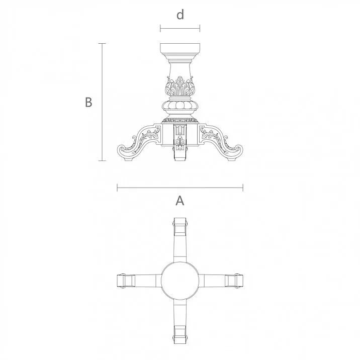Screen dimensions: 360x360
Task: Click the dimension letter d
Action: click(x=180, y=15)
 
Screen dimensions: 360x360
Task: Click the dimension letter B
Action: click(x=88, y=102)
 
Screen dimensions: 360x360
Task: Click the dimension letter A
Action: click(x=179, y=201)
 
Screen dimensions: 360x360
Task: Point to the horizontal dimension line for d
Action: click(x=180, y=28)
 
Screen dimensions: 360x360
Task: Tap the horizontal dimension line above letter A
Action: click(x=180, y=188)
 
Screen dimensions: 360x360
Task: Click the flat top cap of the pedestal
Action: click(x=180, y=49)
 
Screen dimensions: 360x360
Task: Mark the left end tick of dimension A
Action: click(x=117, y=188)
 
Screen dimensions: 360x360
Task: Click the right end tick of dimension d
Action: click(x=200, y=28)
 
